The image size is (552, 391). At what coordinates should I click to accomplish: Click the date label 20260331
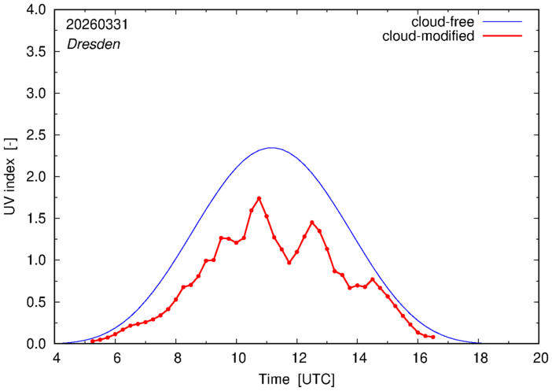point(98,24)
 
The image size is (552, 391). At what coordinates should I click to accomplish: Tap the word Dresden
point(94,44)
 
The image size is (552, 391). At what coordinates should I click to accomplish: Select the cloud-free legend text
point(443,22)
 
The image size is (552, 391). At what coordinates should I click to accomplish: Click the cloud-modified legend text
point(428,36)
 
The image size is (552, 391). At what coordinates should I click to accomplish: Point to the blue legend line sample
point(502,22)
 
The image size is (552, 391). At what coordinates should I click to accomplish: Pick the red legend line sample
point(502,36)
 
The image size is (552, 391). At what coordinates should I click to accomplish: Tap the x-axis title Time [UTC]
point(296,380)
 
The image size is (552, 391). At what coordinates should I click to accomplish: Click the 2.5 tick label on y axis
point(36,135)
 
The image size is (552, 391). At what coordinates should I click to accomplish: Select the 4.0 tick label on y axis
point(36,10)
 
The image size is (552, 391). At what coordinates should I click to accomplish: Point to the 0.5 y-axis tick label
point(36,302)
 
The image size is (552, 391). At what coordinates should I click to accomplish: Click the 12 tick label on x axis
point(296,358)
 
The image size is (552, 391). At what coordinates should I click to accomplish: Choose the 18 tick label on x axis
point(478,358)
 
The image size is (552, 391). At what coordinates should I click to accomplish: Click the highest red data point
point(259,198)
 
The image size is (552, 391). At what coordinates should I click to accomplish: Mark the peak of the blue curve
point(272,148)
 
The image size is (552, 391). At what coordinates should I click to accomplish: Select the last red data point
point(433,337)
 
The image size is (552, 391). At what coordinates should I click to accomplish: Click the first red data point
point(93,341)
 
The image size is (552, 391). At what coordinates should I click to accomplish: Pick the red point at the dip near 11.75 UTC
point(289,263)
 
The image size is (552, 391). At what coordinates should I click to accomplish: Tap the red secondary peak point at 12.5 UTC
point(312,223)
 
